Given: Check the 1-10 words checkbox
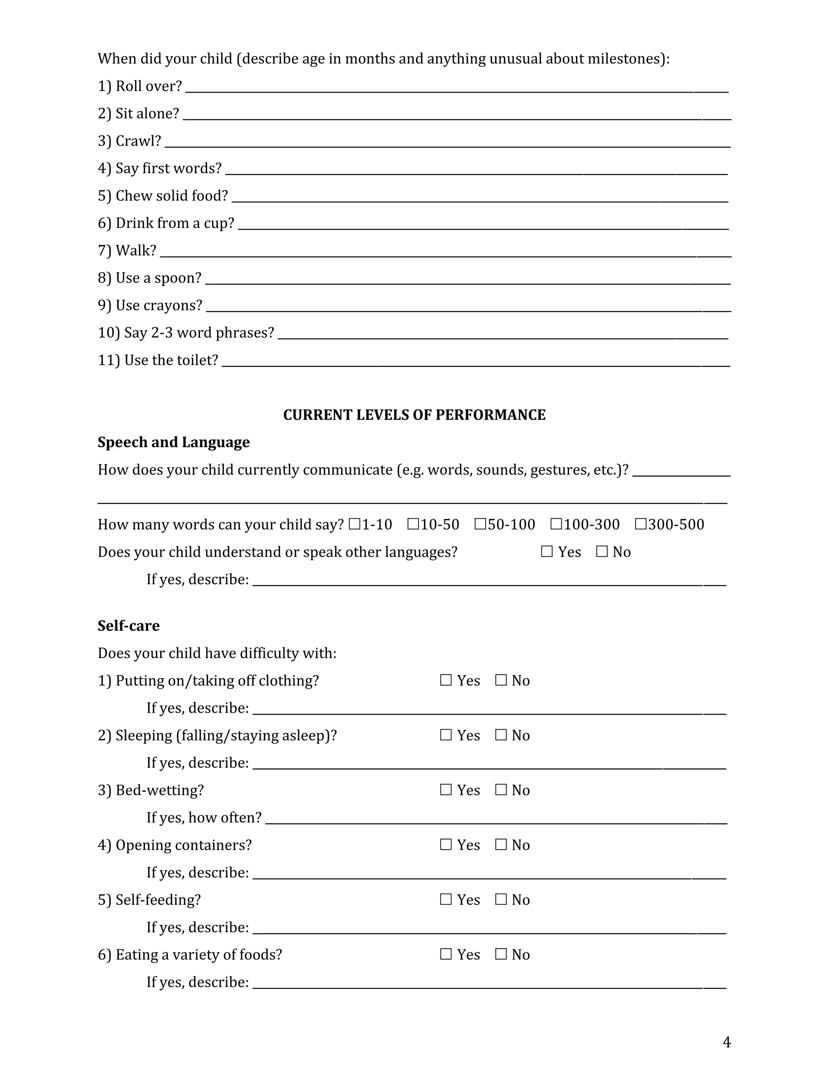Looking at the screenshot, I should [354, 524].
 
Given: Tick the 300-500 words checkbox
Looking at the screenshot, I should [640, 524].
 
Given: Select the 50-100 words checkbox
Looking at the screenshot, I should [480, 524].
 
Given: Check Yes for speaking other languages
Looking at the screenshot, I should [546, 552].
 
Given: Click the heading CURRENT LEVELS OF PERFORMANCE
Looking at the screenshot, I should [414, 415].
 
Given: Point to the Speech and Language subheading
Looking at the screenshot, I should [173, 442].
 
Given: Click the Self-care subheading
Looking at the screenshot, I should [129, 626].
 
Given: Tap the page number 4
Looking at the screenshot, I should [727, 1043].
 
